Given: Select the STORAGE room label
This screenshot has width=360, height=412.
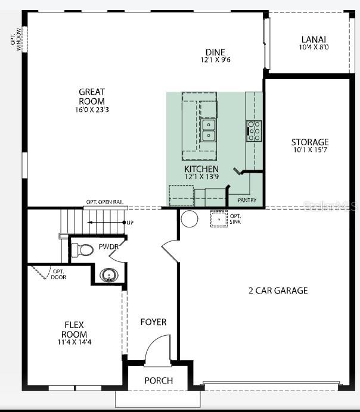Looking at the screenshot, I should tap(309, 142).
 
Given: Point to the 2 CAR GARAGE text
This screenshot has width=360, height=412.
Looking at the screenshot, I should tap(278, 291).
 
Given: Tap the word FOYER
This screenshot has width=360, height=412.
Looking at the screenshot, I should tap(153, 322).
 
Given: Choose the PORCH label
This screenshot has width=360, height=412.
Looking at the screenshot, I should tap(159, 380).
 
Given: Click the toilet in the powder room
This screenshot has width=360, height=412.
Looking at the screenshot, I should tap(82, 249).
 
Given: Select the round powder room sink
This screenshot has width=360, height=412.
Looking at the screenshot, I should tap(108, 275).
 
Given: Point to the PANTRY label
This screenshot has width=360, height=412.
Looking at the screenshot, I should tap(247, 201).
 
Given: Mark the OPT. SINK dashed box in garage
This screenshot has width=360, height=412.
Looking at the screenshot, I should tap(219, 220).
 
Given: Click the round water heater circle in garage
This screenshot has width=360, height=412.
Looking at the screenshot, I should tap(190, 218).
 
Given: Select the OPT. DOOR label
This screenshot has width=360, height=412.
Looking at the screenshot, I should tap(58, 274).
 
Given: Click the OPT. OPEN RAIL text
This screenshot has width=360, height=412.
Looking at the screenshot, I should tap(105, 202).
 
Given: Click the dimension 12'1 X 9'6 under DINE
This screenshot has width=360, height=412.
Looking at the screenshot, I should tap(215, 60).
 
